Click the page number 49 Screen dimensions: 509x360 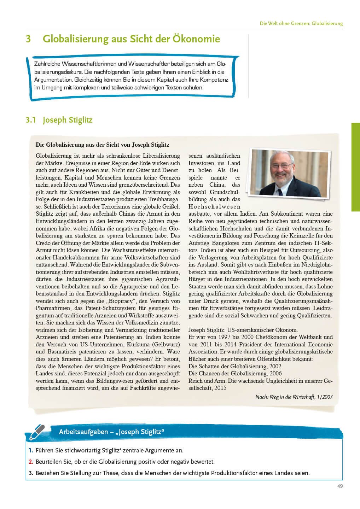click(x=340, y=486)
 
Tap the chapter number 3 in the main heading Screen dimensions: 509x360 click(x=28, y=39)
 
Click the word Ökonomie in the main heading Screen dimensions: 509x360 click(x=196, y=39)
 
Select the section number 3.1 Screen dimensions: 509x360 click(x=31, y=120)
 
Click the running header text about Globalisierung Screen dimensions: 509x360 click(x=301, y=23)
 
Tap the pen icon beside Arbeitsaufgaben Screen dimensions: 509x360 click(x=37, y=432)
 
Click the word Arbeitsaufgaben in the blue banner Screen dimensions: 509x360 click(x=83, y=432)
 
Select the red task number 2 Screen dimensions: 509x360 click(x=31, y=462)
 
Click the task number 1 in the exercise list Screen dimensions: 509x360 click(x=31, y=450)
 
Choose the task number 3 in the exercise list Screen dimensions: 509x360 click(x=31, y=473)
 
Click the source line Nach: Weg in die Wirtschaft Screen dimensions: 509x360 click(x=294, y=397)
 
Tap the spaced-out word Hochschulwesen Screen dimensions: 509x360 click(x=214, y=206)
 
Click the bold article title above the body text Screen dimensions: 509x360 click(x=103, y=145)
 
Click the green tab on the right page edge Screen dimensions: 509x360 click(x=355, y=167)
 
